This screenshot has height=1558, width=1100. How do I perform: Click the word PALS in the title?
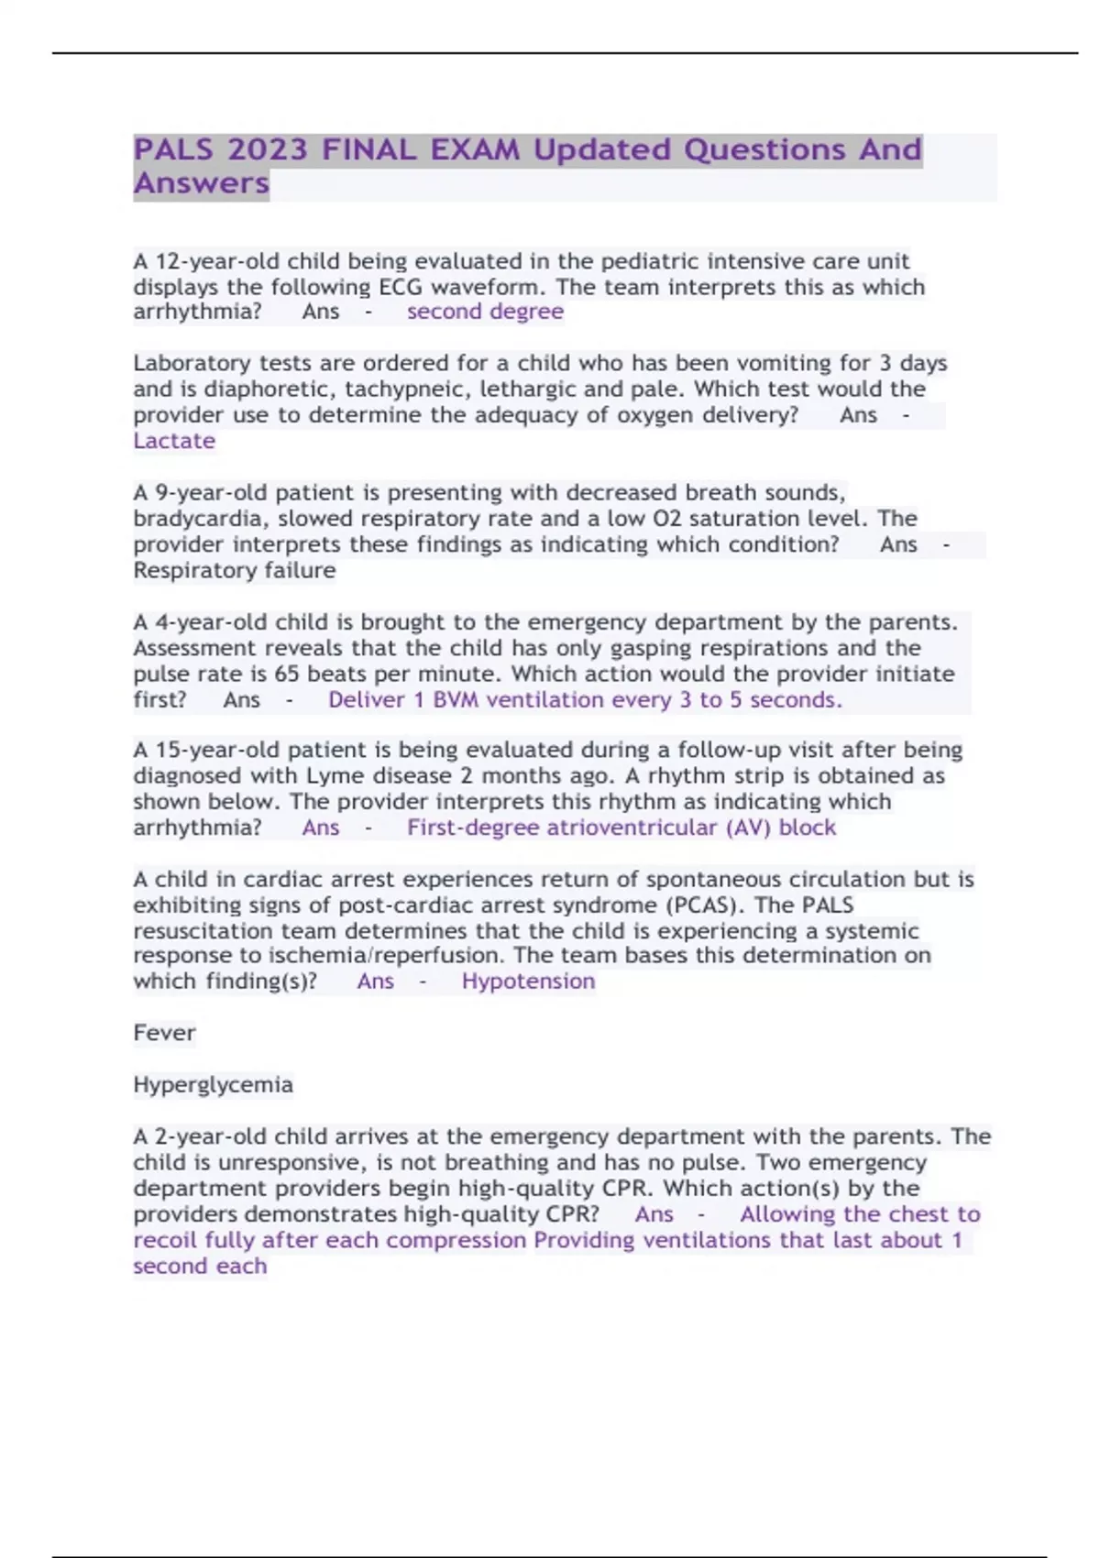[x=173, y=149]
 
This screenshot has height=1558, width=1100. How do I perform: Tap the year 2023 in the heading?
[x=268, y=149]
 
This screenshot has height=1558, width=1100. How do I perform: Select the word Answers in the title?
[x=202, y=183]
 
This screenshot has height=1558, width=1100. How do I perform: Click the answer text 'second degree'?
[x=485, y=312]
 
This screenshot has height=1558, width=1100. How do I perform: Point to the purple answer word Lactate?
[x=174, y=441]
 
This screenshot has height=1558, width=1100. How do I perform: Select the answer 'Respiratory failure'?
[x=235, y=570]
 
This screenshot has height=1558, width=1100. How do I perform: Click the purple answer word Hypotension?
[x=528, y=982]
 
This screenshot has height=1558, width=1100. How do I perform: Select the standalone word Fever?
[x=164, y=1033]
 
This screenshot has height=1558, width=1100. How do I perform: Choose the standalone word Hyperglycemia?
[x=213, y=1085]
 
